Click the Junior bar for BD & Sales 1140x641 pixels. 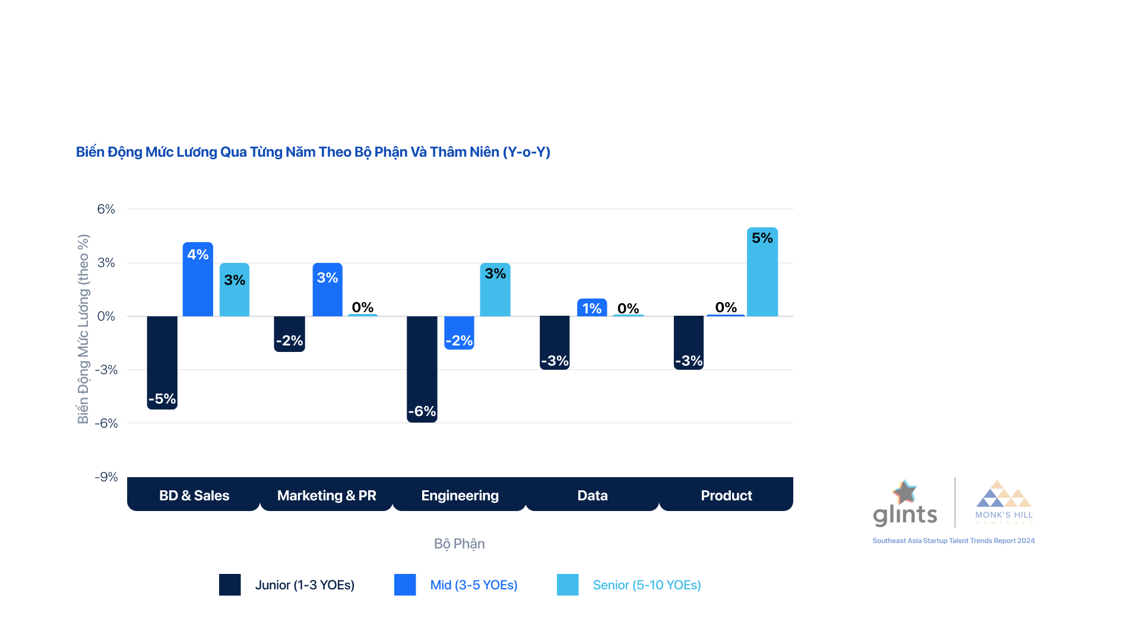coord(162,362)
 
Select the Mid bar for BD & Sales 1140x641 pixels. coord(198,279)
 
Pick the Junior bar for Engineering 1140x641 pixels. coord(422,369)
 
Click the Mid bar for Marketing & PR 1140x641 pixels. coord(327,290)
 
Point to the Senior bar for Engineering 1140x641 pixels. coord(495,290)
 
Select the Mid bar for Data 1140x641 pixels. coord(592,307)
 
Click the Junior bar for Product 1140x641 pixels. coord(689,342)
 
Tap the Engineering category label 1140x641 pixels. coord(460,496)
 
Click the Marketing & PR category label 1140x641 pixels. coord(327,496)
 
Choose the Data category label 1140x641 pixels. coord(593,496)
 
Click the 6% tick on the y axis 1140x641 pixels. coord(106,209)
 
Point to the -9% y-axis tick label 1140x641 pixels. coord(106,477)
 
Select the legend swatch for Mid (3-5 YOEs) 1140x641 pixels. coord(405,585)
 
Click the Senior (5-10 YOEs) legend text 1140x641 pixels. coord(647,585)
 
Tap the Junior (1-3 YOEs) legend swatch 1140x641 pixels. coord(230,585)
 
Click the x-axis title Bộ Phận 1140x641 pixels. coord(459,544)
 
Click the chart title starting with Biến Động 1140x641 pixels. coord(313,152)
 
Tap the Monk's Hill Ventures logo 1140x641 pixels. coord(1004,502)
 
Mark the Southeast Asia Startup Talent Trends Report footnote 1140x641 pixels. coord(953,541)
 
